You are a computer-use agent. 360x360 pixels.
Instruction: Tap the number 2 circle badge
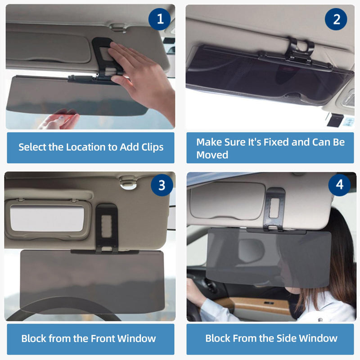click(x=336, y=19)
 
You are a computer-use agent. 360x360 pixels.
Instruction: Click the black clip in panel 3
click(x=107, y=228)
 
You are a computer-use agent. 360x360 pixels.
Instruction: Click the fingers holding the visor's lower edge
click(x=61, y=119)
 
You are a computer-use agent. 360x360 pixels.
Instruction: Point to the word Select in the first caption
click(x=34, y=147)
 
